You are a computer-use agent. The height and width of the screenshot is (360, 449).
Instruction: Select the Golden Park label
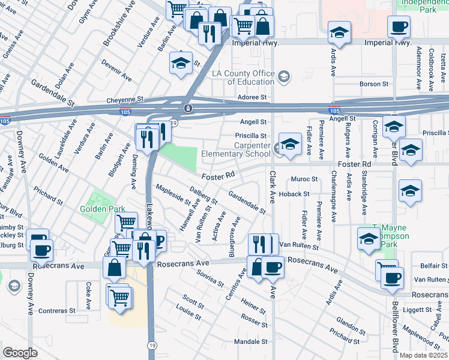[103, 209]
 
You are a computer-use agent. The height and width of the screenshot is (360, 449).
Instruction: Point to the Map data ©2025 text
[423, 355]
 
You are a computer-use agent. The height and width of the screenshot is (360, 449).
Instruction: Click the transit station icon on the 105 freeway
[188, 109]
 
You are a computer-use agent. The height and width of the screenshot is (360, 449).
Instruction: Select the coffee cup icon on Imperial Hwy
[399, 27]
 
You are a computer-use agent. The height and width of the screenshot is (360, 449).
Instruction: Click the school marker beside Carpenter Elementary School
[290, 145]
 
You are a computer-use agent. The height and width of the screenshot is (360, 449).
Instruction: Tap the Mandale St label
[250, 341]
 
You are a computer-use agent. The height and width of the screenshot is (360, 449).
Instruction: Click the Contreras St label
[56, 311]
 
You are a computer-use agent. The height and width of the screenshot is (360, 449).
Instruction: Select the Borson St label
[374, 84]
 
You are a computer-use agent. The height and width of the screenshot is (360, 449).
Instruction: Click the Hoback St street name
[295, 194]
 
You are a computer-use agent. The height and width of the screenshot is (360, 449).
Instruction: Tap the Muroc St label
[304, 179]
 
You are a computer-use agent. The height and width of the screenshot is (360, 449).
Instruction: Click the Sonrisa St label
[210, 278]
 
